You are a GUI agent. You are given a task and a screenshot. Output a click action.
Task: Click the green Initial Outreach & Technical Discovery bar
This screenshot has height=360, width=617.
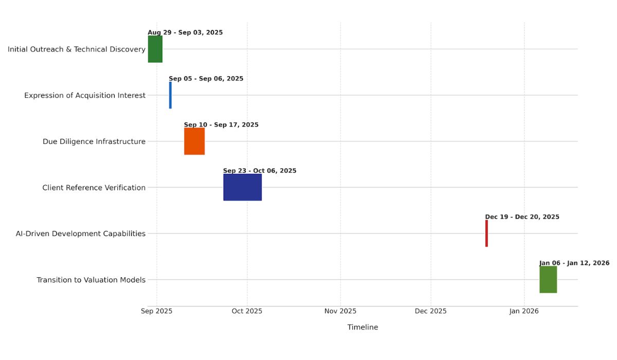155,49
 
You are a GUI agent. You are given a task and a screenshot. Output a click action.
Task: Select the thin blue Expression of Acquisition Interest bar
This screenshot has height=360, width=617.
170,95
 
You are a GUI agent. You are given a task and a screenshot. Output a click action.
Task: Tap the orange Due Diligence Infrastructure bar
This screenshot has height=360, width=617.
194,141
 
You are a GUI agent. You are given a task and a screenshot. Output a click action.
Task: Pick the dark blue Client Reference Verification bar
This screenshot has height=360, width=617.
242,187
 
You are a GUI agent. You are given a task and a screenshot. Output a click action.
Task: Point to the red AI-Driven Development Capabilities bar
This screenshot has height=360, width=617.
486,233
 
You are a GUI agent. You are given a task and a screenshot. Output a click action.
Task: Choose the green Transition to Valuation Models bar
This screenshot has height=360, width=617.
548,279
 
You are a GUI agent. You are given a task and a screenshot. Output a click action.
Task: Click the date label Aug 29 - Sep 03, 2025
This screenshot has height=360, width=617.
185,32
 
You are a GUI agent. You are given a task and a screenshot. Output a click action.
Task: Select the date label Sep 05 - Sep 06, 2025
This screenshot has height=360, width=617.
206,79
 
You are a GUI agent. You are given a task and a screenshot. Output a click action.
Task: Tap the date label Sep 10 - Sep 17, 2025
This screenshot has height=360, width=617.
221,125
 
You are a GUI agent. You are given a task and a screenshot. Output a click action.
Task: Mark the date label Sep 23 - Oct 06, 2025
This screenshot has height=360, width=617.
260,171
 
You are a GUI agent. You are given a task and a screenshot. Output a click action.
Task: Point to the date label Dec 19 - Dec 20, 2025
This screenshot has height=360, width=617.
522,217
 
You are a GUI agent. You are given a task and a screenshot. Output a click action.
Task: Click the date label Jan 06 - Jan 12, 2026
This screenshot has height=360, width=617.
574,263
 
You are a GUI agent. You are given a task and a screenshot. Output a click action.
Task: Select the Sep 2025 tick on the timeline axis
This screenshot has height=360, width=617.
157,311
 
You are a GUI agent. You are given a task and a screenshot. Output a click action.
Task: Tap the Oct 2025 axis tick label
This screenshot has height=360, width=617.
247,311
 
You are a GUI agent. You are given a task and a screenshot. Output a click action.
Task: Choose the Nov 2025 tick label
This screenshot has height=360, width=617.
340,311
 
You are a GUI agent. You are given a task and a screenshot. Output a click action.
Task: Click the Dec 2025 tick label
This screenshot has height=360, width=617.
431,311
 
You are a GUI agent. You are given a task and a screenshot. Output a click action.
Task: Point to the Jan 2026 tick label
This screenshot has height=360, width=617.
524,311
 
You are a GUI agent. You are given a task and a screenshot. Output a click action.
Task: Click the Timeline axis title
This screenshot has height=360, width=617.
362,328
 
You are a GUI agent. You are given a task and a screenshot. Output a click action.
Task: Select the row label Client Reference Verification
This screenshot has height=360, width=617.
94,188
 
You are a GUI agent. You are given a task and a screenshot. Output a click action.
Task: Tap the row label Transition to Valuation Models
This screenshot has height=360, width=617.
91,280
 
